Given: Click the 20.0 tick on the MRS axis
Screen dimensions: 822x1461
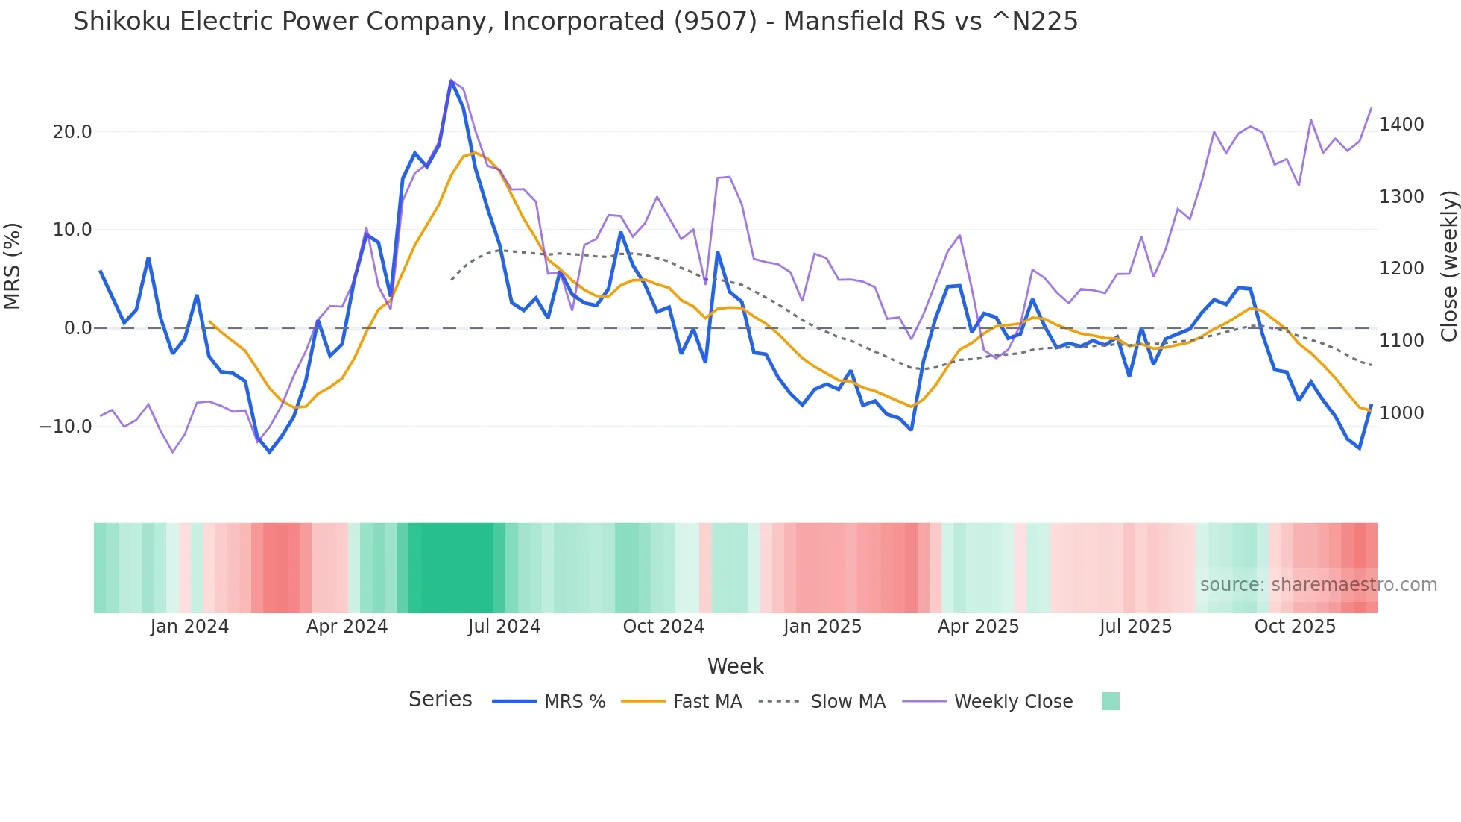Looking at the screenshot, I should (72, 132).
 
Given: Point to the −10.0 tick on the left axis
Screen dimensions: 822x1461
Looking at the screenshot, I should (66, 427).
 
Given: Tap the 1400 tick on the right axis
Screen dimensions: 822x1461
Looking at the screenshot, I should (1401, 125).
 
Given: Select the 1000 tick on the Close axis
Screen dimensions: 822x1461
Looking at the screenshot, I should (1401, 413).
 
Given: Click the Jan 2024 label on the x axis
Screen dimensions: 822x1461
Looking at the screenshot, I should (189, 627).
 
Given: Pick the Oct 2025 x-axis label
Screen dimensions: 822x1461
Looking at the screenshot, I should (1295, 627).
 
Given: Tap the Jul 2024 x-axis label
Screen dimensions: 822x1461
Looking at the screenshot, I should (504, 627).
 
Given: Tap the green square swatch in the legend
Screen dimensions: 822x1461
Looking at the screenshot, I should (1110, 701).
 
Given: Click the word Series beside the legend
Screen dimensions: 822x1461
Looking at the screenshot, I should (440, 700).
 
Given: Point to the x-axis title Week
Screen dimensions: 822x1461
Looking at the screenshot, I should (735, 666).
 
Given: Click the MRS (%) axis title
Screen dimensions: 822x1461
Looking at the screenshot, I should (13, 266).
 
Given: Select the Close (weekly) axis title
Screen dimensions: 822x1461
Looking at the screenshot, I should (1448, 266).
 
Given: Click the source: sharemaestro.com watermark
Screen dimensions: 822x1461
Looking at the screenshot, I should (1318, 585).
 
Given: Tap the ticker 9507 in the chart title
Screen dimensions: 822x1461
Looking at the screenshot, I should (715, 22).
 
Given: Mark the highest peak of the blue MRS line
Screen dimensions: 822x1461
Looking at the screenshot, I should (451, 81).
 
